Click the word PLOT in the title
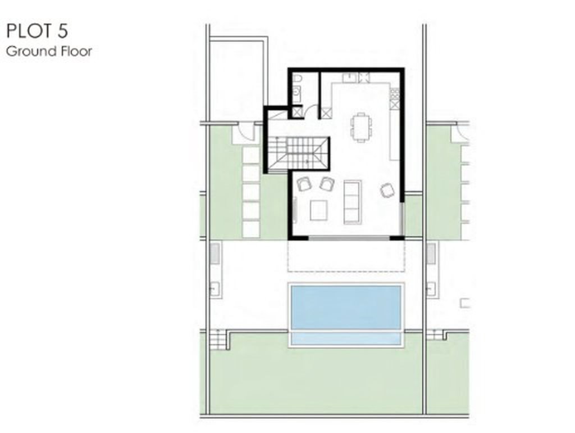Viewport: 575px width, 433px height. (x=29, y=31)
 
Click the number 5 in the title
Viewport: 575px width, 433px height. (x=62, y=31)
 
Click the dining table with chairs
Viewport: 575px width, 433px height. (x=361, y=127)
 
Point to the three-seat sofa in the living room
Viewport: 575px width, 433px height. (x=353, y=202)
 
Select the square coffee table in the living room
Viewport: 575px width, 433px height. (x=319, y=210)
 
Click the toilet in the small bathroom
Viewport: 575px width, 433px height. (x=298, y=79)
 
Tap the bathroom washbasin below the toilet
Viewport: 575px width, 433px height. (x=297, y=94)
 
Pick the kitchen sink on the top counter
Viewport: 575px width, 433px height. (x=349, y=78)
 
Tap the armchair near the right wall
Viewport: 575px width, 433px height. (x=387, y=190)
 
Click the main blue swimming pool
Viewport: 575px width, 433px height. (x=346, y=308)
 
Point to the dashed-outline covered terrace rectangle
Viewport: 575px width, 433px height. (x=346, y=256)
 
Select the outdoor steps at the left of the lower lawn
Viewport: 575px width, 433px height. (x=218, y=340)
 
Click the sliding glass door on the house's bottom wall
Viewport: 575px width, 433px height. (x=349, y=238)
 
